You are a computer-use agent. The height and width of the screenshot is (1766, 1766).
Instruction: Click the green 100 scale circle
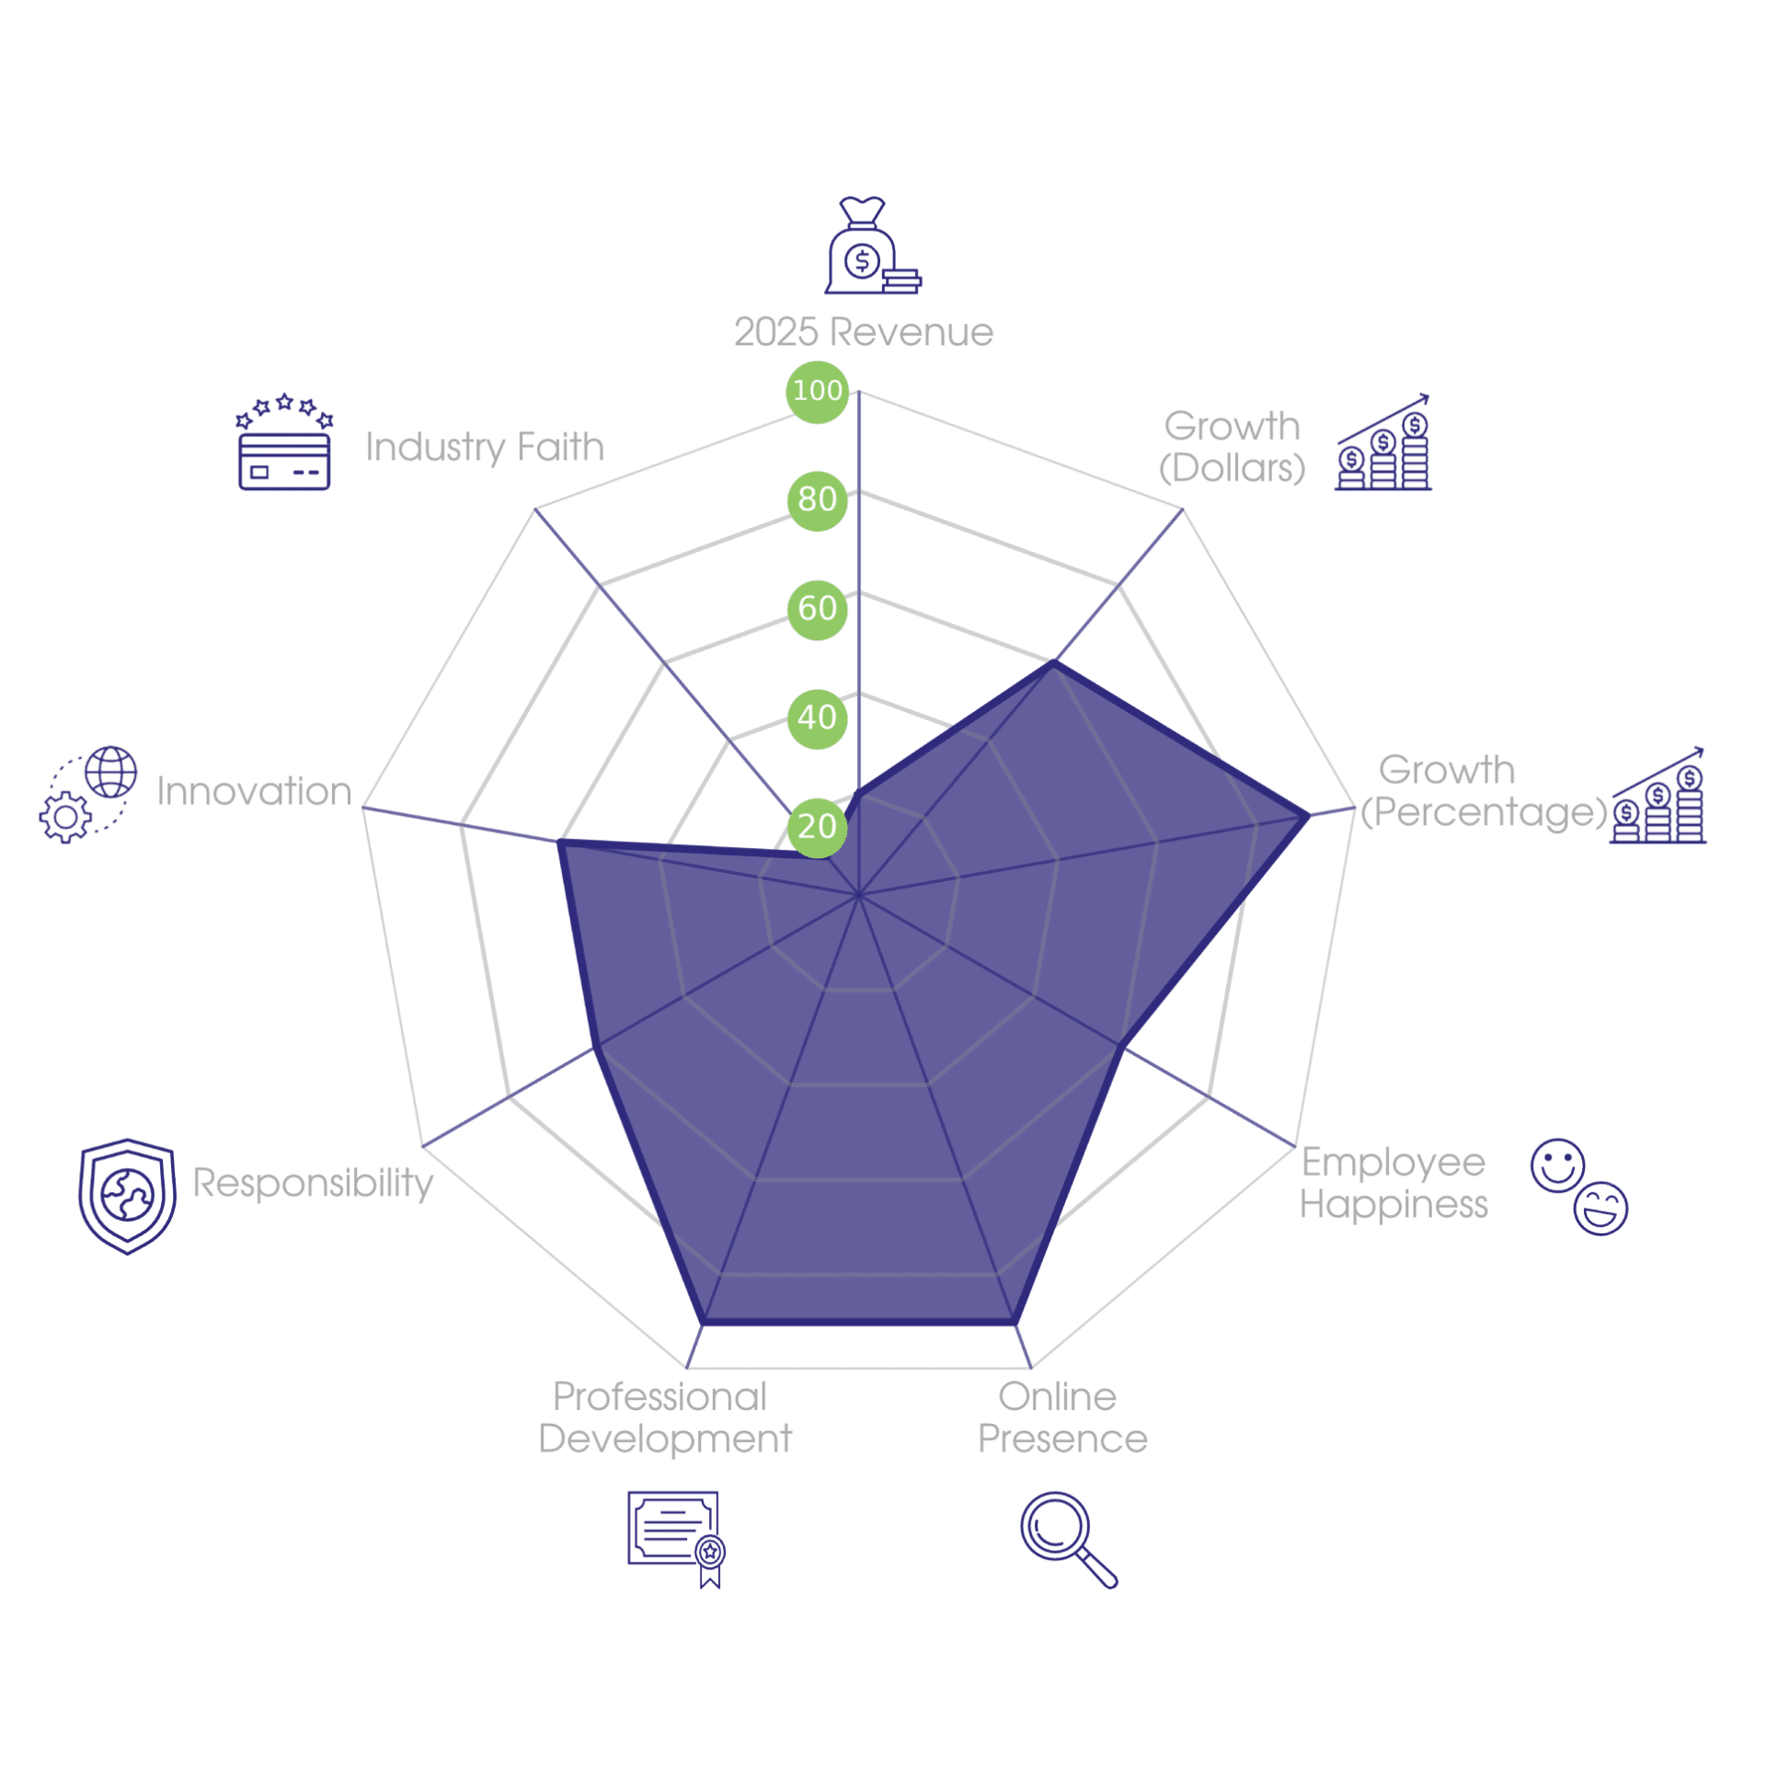(x=817, y=391)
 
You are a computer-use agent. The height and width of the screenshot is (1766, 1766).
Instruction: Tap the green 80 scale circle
(x=817, y=500)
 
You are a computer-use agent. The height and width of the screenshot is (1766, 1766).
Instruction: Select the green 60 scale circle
(x=817, y=610)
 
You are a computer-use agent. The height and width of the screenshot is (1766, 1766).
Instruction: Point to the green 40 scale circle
(x=817, y=718)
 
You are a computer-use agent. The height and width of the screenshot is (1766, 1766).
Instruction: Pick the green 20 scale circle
(x=817, y=827)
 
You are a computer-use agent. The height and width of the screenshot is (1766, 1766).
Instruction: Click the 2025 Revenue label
(x=864, y=332)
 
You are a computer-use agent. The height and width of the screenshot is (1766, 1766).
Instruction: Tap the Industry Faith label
(x=485, y=448)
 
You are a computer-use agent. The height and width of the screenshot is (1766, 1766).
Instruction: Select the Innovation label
(x=254, y=791)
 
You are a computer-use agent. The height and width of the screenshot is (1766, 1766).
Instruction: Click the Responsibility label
(x=313, y=1183)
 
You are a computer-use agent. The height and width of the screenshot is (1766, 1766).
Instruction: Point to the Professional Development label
(x=664, y=1418)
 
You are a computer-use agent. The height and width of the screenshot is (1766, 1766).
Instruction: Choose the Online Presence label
(x=1062, y=1417)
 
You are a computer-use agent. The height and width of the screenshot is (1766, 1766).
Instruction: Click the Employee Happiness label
(x=1393, y=1184)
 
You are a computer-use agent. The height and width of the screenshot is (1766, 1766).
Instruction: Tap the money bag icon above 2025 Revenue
(x=872, y=246)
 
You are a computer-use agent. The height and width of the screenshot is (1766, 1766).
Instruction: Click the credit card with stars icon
(x=284, y=442)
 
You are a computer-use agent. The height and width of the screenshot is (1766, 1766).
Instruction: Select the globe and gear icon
(x=88, y=795)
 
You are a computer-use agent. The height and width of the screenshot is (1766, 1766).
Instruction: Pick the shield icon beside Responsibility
(x=127, y=1196)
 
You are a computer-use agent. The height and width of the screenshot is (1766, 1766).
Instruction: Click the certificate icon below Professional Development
(x=677, y=1540)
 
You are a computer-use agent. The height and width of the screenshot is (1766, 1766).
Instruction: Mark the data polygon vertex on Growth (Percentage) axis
(x=1307, y=815)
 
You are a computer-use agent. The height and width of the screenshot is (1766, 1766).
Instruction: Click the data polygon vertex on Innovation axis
(x=560, y=843)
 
